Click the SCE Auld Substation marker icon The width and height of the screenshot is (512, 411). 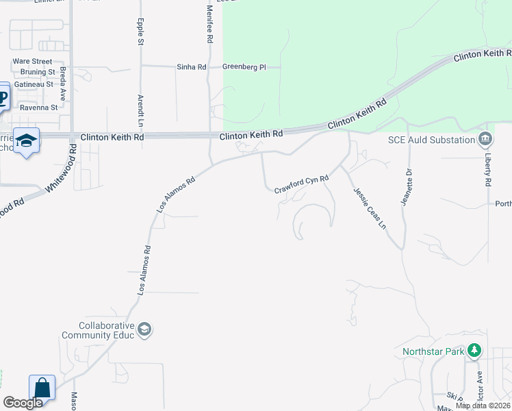tap(485, 140)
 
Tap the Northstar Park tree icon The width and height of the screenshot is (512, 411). tap(474, 351)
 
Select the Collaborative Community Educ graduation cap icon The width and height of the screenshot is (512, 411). tap(144, 330)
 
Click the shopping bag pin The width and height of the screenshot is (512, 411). tap(42, 388)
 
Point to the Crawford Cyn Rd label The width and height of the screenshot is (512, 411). tap(302, 184)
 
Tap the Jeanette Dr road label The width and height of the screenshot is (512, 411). tap(404, 187)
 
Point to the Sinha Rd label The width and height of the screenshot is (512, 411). tap(192, 67)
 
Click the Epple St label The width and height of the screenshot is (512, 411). tap(141, 32)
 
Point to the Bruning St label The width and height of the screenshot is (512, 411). tap(38, 72)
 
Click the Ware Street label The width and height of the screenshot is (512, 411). tap(32, 61)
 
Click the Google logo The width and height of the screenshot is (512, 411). tap(23, 403)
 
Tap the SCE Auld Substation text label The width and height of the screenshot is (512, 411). tap(431, 140)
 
